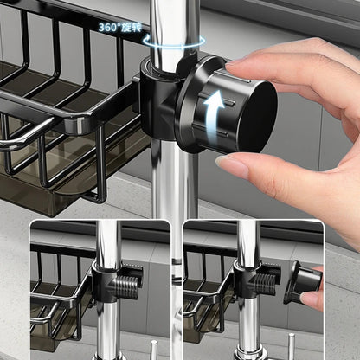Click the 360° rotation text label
[120, 28]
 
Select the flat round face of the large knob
[258, 117]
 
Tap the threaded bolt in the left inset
[127, 286]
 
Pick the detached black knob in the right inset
[302, 283]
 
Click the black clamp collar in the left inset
[106, 280]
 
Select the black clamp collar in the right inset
[246, 280]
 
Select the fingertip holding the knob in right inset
[311, 300]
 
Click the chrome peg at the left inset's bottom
[154, 350]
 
